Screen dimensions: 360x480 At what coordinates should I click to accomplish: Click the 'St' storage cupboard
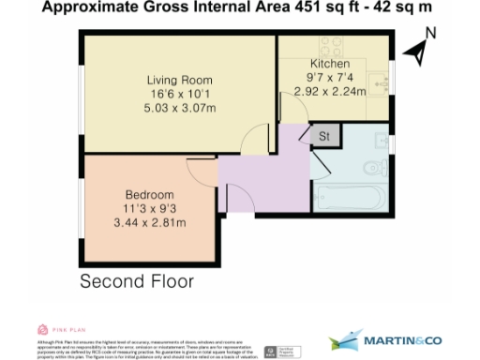point(325,138)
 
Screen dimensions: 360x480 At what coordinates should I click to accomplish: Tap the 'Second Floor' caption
point(138,281)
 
